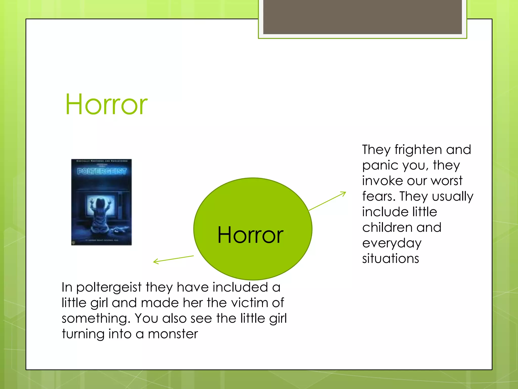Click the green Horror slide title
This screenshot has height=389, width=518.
106,104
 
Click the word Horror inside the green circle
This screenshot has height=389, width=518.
250,235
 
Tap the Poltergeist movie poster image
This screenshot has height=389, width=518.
101,202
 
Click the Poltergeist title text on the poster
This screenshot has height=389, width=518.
101,171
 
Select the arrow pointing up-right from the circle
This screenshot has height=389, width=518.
327,201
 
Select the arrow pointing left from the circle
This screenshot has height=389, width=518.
174,259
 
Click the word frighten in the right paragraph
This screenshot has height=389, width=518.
418,149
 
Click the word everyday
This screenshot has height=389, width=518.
392,243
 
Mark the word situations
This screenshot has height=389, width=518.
390,258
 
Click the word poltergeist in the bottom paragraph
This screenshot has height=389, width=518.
109,288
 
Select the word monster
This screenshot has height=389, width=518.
173,334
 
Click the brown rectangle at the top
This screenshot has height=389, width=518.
362,17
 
